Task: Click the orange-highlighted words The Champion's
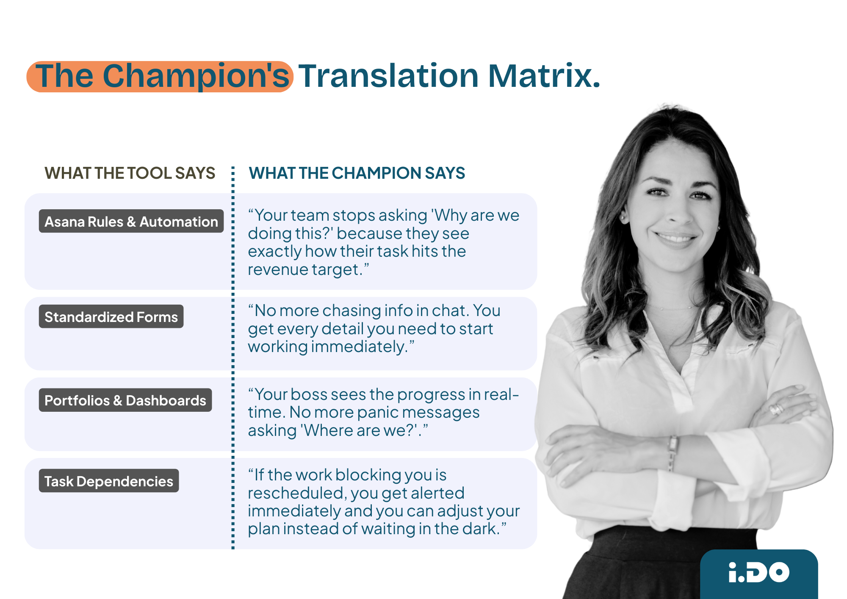160,76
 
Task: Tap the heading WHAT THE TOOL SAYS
130,173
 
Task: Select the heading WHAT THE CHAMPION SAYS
357,173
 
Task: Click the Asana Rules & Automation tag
131,221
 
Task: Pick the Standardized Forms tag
111,316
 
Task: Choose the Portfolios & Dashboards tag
125,400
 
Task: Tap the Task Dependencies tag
108,481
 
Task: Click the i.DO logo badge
758,572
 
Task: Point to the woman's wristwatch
672,452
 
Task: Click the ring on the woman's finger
777,408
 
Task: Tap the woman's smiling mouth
676,237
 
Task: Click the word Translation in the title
388,76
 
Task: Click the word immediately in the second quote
358,347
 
